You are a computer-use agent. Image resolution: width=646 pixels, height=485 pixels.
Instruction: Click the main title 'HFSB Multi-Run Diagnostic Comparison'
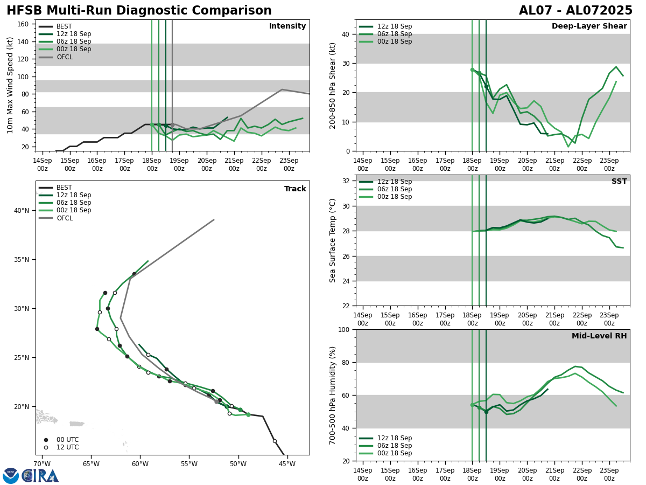[139, 11]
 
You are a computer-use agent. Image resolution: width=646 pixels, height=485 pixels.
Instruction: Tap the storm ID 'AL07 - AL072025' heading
[575, 11]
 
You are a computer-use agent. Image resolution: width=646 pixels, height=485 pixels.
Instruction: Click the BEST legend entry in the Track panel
[64, 188]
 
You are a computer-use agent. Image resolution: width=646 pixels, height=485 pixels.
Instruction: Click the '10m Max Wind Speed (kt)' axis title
[11, 85]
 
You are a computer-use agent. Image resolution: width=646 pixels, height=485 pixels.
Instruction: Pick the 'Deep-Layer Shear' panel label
[589, 26]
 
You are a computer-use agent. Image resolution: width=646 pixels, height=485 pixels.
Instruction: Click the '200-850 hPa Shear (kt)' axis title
[333, 85]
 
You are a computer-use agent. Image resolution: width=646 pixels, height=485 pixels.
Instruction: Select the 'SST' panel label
[619, 182]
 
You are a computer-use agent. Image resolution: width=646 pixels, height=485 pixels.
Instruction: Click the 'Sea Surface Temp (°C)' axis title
[333, 240]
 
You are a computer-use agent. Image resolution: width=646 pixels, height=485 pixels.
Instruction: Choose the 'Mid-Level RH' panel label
[599, 336]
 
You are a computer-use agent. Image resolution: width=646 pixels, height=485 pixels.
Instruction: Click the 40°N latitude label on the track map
[22, 210]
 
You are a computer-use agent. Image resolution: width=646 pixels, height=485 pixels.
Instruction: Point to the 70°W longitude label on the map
[42, 463]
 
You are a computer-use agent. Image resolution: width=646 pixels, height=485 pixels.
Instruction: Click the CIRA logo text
[41, 475]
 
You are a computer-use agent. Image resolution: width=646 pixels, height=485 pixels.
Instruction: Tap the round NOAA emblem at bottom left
[10, 475]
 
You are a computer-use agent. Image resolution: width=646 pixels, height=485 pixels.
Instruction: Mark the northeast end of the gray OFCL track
[214, 219]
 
